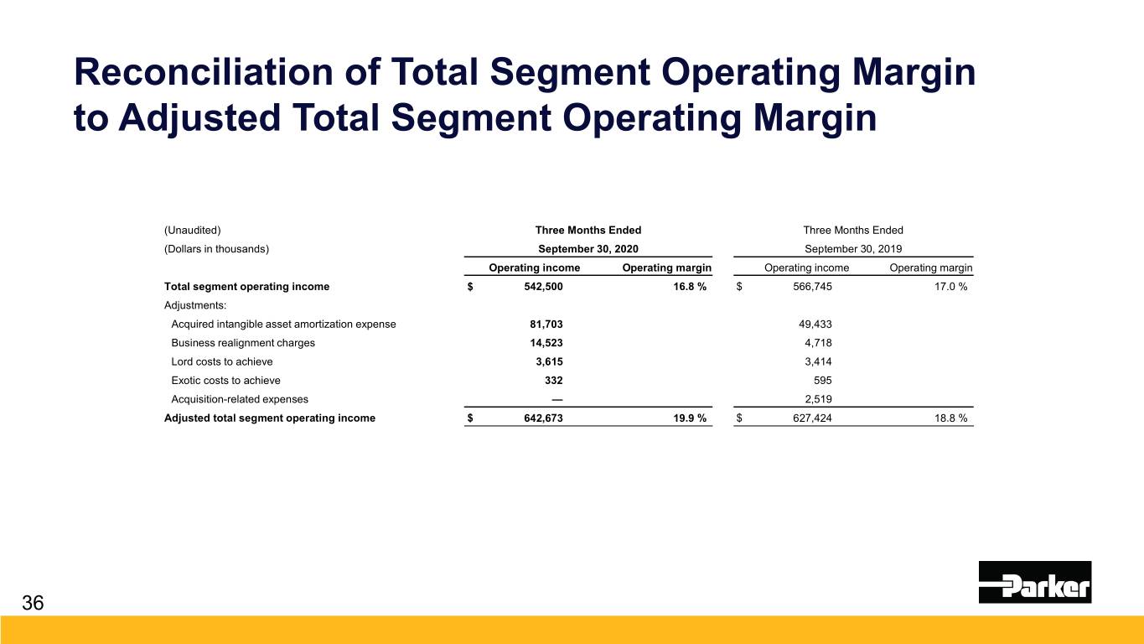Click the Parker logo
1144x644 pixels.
click(x=1034, y=582)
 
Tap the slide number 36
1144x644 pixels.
click(x=34, y=603)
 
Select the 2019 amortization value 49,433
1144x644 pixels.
click(x=815, y=324)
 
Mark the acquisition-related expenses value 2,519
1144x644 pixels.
click(x=819, y=399)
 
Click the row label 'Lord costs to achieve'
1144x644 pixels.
click(x=221, y=361)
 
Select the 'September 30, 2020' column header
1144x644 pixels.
click(x=588, y=248)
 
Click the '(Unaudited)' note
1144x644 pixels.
click(x=192, y=230)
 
